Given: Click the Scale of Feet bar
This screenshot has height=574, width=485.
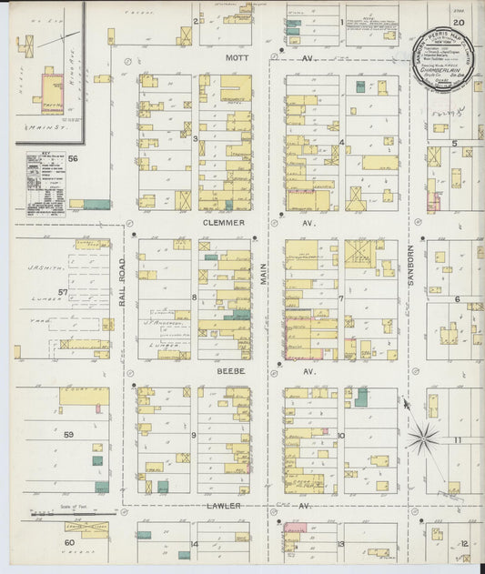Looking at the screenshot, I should click(55, 516).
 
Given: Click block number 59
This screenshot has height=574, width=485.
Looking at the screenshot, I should click(68, 436).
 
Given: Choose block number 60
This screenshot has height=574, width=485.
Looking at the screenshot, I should click(68, 543).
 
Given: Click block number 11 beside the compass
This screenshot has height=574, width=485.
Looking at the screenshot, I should click(459, 439).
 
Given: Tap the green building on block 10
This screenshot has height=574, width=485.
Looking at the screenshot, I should click(361, 397).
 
